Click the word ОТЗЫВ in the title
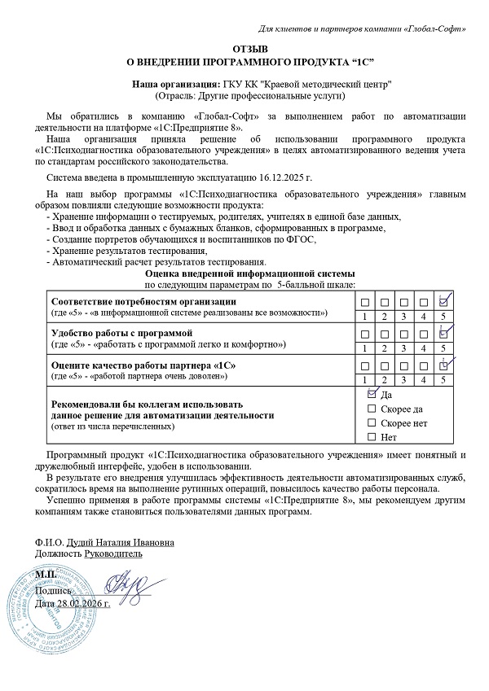click(244, 50)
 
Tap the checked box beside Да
click(372, 394)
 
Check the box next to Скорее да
click(372, 409)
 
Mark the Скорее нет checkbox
click(372, 423)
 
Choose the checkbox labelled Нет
click(372, 438)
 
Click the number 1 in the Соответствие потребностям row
click(364, 316)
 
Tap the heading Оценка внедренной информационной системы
click(244, 276)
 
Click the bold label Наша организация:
click(176, 84)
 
